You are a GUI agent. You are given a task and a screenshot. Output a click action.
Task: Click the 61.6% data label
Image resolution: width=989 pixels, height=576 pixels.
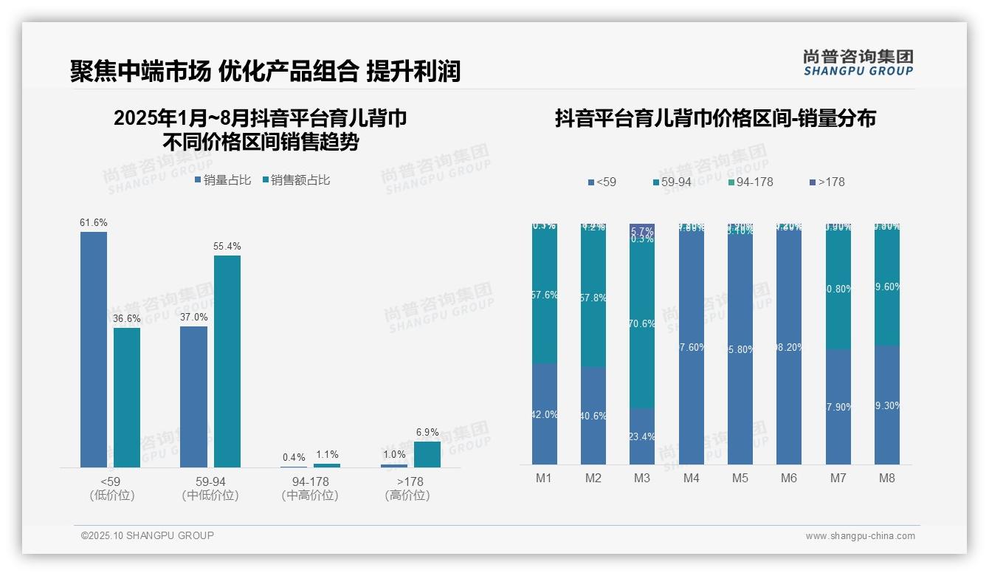click(x=94, y=222)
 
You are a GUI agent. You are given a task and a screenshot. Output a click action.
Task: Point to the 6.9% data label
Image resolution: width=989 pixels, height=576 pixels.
click(x=427, y=432)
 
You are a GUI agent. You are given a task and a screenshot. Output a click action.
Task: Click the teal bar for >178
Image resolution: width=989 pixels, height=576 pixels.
click(x=427, y=454)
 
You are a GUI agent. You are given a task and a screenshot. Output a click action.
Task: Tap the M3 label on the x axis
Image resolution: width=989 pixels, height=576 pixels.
click(x=642, y=478)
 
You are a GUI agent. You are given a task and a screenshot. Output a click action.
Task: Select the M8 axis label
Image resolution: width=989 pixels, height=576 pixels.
click(x=887, y=478)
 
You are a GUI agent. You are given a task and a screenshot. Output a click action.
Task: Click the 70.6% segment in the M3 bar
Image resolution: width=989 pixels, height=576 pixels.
click(x=642, y=323)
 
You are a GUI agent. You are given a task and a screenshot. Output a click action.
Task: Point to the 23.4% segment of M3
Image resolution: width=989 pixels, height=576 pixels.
click(x=642, y=436)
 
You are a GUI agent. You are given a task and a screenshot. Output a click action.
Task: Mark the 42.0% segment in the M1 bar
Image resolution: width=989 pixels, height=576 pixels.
click(x=544, y=414)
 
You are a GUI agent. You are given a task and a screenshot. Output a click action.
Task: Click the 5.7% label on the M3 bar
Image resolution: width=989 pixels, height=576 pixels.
click(x=642, y=231)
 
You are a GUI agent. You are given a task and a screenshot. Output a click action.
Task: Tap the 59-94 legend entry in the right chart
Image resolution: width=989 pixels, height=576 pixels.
click(x=675, y=182)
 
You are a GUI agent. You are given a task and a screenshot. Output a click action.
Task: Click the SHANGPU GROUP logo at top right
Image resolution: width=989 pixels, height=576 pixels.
click(x=858, y=62)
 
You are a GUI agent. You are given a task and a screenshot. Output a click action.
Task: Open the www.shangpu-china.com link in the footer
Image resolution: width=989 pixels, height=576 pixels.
click(x=860, y=536)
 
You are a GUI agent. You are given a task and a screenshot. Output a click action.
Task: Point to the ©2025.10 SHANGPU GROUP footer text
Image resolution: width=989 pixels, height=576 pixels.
click(x=148, y=535)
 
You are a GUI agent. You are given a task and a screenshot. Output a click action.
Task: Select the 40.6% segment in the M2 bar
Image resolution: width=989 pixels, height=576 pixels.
click(x=593, y=416)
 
